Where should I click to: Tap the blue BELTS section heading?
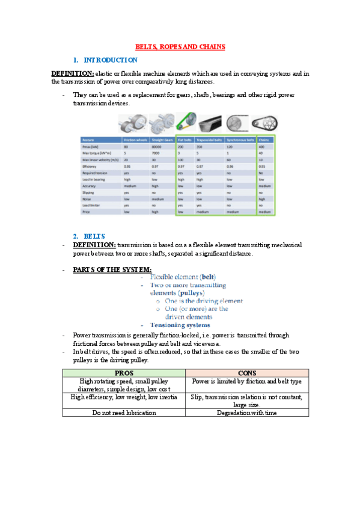click(x=95, y=236)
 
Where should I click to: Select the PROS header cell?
click(x=124, y=373)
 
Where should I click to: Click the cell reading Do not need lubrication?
click(x=124, y=413)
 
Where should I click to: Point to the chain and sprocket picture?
click(x=264, y=124)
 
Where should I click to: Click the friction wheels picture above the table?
click(x=130, y=124)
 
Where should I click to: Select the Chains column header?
click(x=265, y=140)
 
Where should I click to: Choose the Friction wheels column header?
click(x=135, y=140)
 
